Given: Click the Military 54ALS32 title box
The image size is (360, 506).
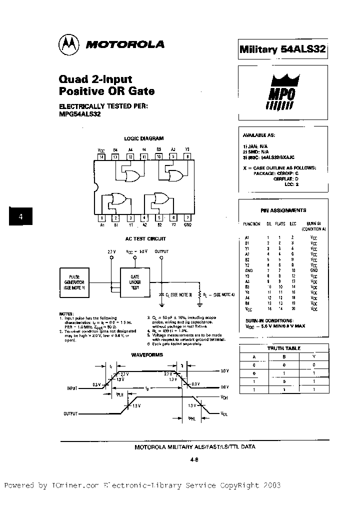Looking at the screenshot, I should [282, 49].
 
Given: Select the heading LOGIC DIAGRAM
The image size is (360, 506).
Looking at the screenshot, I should [143, 138].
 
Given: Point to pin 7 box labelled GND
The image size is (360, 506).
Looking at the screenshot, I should [187, 217].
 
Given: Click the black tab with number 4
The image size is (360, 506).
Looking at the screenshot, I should [20, 216].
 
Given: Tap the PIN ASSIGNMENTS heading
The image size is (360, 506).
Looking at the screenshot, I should [283, 210].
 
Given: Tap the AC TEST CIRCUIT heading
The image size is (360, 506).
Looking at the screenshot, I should [145, 239].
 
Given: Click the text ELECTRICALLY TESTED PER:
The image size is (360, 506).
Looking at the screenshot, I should [103, 106].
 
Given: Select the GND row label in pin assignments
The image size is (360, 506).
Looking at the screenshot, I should [248, 270].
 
